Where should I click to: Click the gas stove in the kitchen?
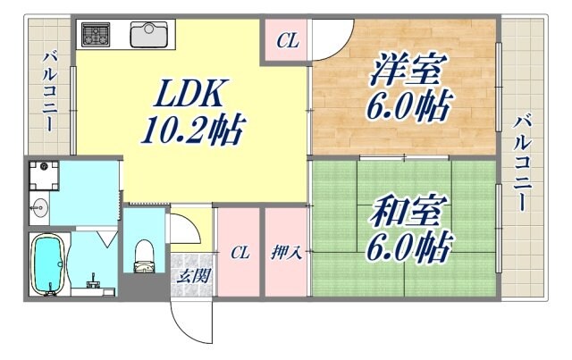[96, 35]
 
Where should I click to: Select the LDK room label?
[190, 93]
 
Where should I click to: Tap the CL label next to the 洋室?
[286, 40]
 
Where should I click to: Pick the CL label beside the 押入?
[239, 253]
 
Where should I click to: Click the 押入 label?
[286, 253]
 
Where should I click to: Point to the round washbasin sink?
[38, 210]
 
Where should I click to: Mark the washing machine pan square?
[41, 175]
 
